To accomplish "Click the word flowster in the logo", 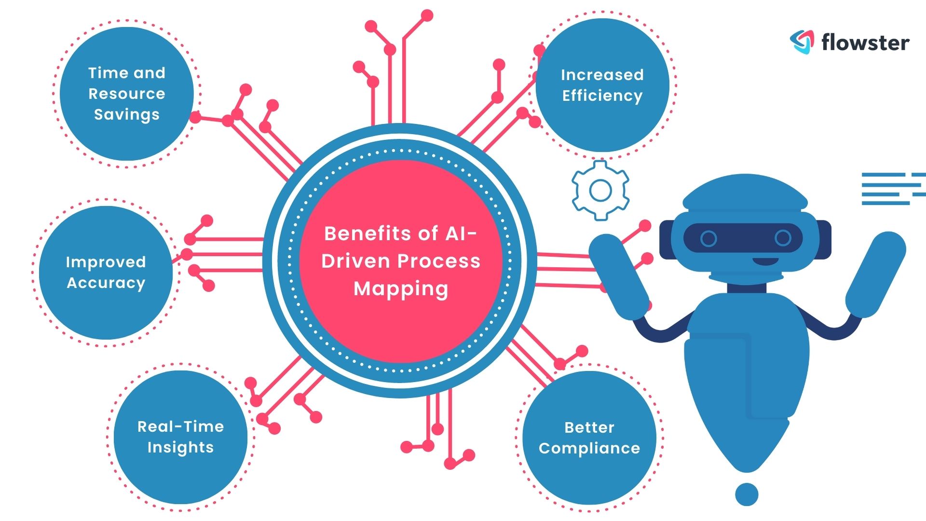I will pos(865,42).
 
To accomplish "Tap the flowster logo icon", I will pos(802,41).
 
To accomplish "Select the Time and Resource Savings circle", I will pos(126,94).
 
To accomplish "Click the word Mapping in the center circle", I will pos(401,288).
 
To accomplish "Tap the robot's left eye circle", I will pos(708,238).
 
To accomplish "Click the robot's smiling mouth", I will pos(765,261).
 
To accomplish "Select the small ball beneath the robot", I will pos(747,494).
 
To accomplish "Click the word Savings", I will pos(126,115).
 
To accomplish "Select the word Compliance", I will pos(589,448).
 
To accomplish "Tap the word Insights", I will pos(180,447).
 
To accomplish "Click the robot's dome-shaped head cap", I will pos(745,193).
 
